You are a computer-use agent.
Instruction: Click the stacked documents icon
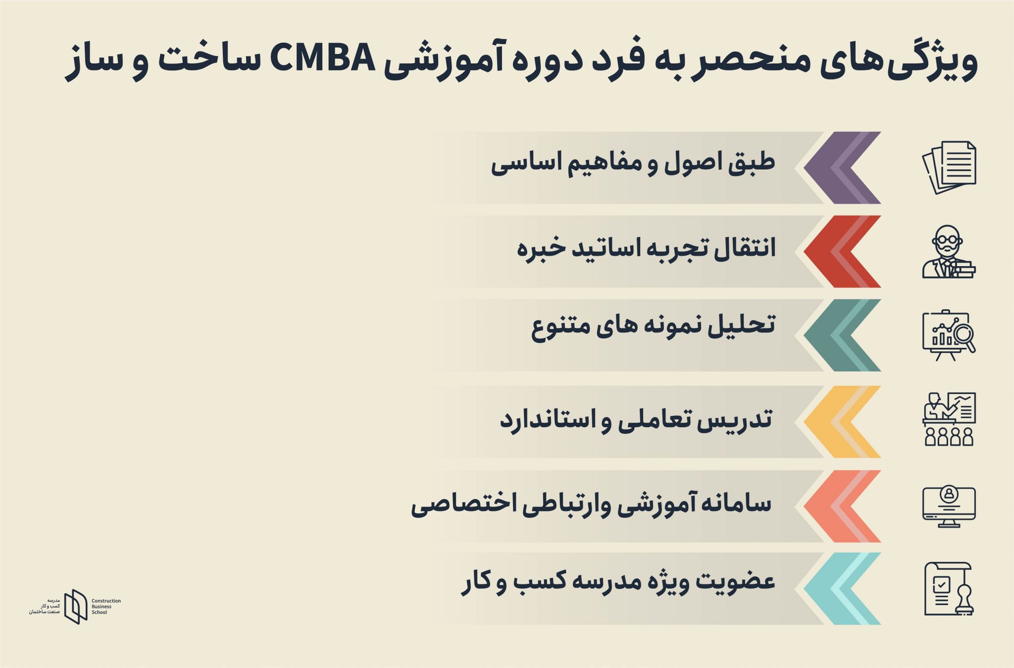pos(949,167)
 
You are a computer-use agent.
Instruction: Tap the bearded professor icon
pos(949,252)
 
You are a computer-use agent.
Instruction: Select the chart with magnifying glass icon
pos(949,335)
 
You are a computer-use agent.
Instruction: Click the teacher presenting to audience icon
pos(949,419)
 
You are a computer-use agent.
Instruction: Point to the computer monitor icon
pos(949,506)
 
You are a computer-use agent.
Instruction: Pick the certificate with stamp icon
pos(949,589)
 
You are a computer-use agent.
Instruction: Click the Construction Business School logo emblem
pos(76,606)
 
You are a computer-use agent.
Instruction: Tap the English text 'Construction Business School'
pos(106,607)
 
